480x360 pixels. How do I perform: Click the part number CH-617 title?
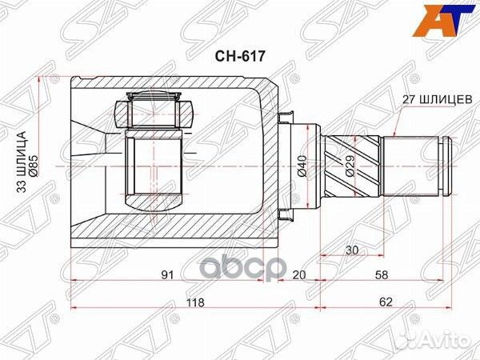point(238,57)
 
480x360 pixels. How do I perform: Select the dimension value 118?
point(194,303)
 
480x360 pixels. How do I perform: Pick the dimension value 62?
point(386,303)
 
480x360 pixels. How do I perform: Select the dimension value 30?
point(350,250)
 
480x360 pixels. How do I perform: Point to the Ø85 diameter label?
point(34,166)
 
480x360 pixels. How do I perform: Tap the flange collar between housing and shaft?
point(286,166)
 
